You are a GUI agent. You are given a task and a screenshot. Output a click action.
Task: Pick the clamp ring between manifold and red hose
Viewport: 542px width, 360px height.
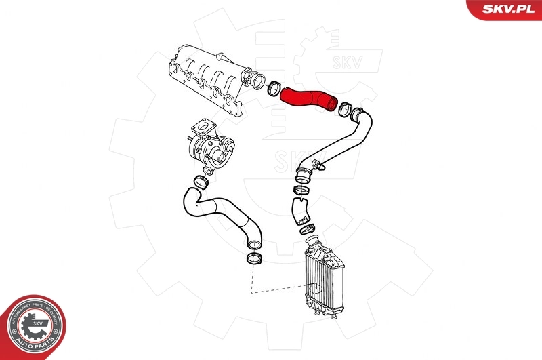click(x=274, y=87)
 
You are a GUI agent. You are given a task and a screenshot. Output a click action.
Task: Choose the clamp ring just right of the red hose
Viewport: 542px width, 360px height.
click(x=344, y=107)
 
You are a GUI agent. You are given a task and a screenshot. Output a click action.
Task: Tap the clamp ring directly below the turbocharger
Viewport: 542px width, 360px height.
click(x=201, y=181)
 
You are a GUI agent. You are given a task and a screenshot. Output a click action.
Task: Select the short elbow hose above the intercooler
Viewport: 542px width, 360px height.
click(x=299, y=209)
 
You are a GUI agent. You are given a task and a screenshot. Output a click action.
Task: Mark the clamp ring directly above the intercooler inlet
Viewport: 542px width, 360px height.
click(x=306, y=229)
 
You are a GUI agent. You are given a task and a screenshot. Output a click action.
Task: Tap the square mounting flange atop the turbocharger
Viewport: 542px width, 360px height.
click(x=201, y=127)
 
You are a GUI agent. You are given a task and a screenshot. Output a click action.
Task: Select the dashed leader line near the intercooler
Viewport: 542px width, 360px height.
click(x=278, y=292)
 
